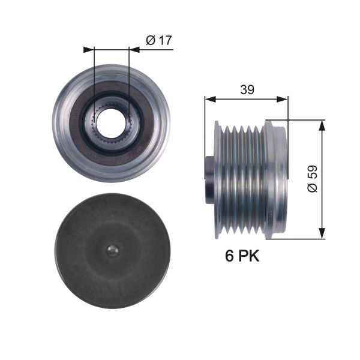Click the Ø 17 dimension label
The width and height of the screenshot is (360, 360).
158,41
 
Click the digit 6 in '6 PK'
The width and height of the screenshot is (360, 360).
229,256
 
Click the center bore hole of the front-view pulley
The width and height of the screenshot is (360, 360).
112,122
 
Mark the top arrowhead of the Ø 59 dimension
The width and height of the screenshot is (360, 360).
322,124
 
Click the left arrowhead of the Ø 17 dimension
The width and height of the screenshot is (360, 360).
91,49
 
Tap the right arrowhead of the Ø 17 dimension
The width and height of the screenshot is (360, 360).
133,49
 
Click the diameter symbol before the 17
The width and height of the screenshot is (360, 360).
151,41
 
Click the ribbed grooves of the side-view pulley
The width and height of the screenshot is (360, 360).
243,178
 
